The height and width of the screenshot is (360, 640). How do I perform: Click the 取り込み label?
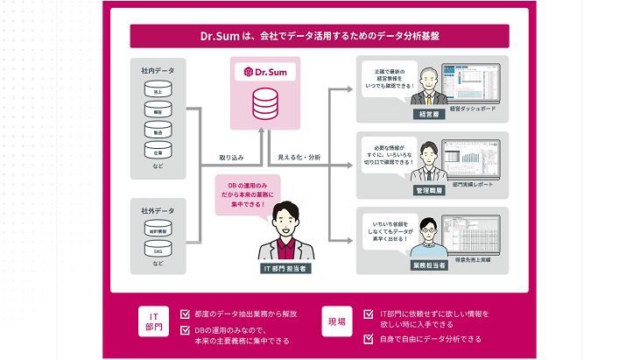(x=231, y=159)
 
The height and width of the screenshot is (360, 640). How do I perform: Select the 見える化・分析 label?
(x=299, y=159)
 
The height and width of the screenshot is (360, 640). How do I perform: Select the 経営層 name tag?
(x=429, y=114)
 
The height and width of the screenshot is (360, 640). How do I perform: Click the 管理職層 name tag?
(x=429, y=189)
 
